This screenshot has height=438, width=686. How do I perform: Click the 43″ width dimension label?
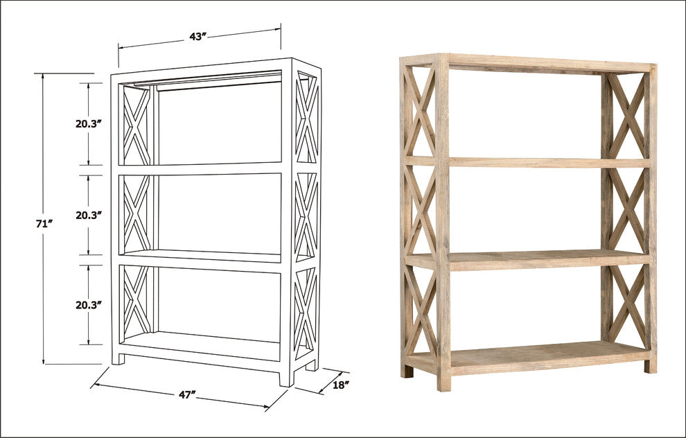[199, 37]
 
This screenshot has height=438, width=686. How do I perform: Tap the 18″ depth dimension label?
[340, 383]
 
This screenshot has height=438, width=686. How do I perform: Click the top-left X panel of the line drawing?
[137, 125]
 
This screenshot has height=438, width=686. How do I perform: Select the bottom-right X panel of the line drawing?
[306, 308]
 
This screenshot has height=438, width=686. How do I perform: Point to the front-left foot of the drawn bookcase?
[118, 358]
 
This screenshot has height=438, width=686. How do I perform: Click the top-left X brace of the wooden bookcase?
[421, 111]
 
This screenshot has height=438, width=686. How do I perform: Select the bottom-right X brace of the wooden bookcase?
[627, 305]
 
